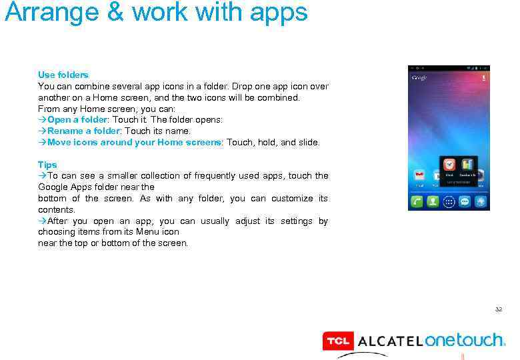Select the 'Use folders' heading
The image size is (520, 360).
point(63,75)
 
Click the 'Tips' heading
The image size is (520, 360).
point(47,165)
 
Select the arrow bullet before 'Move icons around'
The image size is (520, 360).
point(42,143)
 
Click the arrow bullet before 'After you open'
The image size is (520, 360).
point(42,221)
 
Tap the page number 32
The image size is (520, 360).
point(498,310)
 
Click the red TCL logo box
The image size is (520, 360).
point(337,341)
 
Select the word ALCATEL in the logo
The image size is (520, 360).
point(390,341)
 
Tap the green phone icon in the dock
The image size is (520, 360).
point(417,201)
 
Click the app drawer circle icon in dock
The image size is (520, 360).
point(449,201)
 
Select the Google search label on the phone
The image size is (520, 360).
point(419,78)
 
